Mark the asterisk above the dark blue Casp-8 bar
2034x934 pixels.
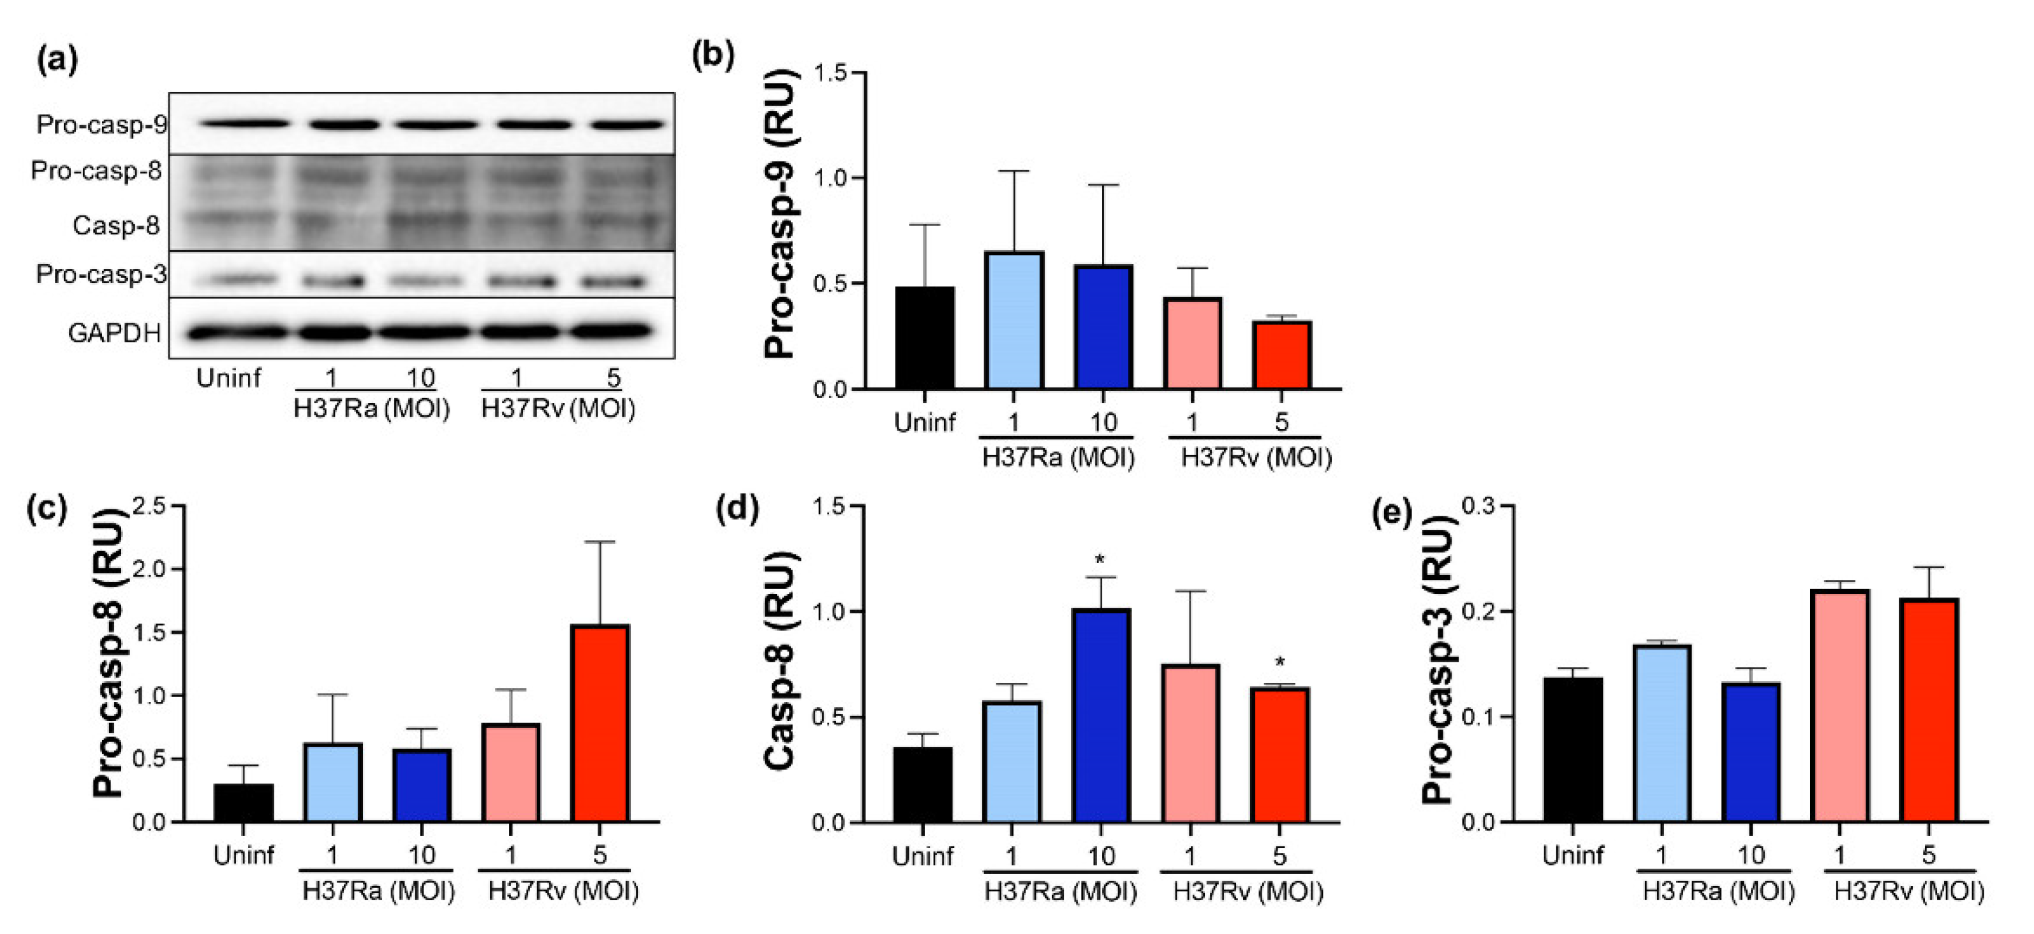click(x=1100, y=561)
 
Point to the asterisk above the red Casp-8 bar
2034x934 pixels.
click(x=1280, y=662)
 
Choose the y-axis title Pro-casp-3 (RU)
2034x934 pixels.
click(x=1439, y=660)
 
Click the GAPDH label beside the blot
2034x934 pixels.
click(x=115, y=333)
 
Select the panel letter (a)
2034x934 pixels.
click(x=57, y=60)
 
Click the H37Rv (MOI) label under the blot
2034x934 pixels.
click(x=558, y=408)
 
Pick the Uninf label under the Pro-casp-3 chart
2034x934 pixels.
click(x=1573, y=855)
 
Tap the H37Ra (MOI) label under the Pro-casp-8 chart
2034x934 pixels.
click(x=379, y=891)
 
